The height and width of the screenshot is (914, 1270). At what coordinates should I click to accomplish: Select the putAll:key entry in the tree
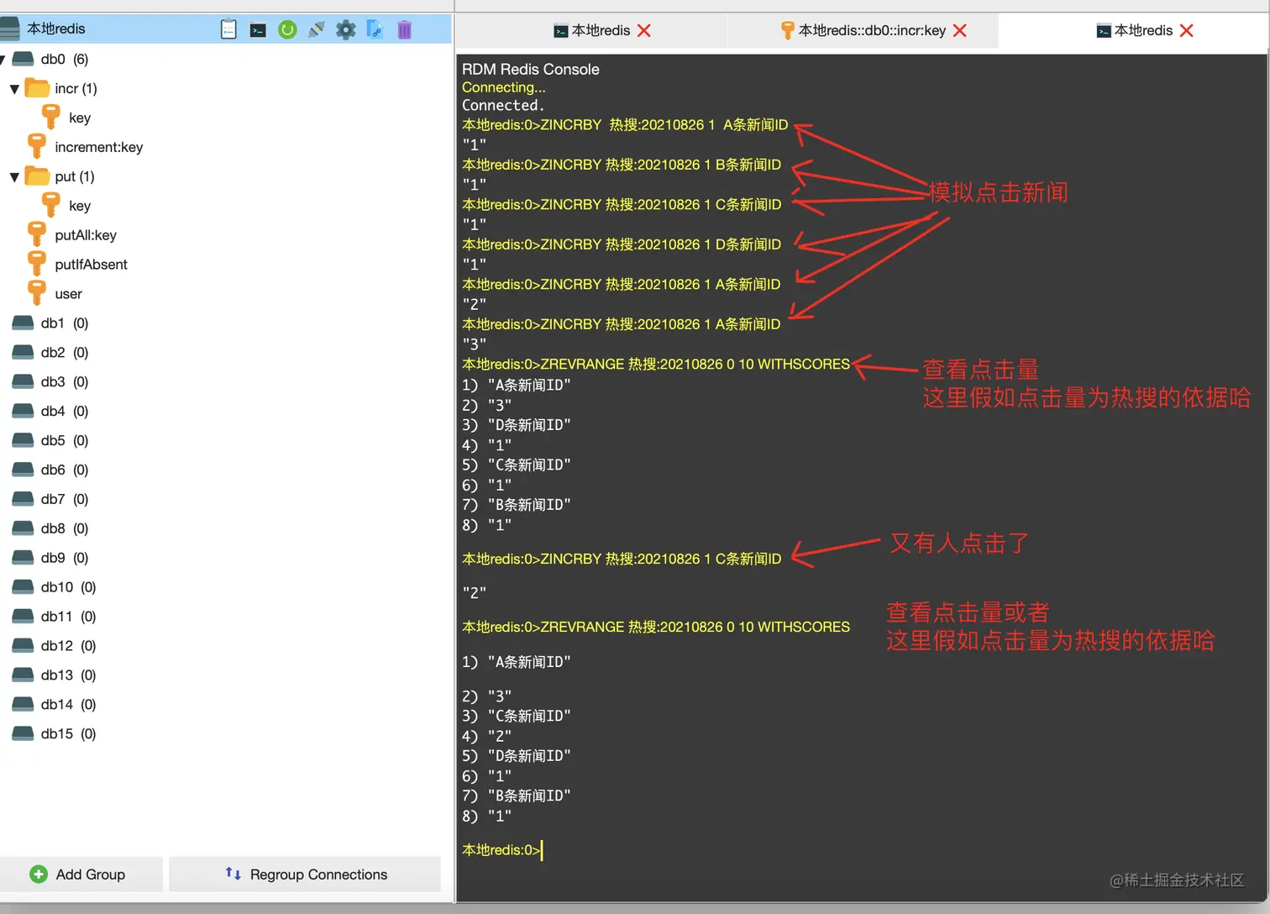[85, 235]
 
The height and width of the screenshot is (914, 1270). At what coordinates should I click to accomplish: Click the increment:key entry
[98, 147]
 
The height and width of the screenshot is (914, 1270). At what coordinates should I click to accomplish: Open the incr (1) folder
[75, 88]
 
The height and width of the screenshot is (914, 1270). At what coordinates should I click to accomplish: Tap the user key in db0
[68, 294]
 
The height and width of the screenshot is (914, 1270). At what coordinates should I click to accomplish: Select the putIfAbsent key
[91, 265]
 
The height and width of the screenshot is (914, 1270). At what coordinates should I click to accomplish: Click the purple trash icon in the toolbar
[404, 30]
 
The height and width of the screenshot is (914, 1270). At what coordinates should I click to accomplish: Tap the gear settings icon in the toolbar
[345, 30]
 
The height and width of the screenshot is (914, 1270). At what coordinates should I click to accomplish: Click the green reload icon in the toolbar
[287, 30]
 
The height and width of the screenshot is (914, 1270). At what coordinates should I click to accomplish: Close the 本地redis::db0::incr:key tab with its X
[960, 30]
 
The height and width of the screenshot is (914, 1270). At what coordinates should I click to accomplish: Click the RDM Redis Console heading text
[530, 69]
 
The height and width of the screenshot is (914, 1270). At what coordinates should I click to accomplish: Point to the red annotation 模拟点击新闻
[998, 192]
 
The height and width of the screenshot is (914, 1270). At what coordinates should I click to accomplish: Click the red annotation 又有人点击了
[959, 544]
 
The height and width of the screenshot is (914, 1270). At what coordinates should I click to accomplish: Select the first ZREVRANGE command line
[655, 364]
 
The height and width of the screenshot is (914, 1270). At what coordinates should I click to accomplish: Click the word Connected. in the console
[503, 105]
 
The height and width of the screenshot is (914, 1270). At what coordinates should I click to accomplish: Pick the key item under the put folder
[80, 206]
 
